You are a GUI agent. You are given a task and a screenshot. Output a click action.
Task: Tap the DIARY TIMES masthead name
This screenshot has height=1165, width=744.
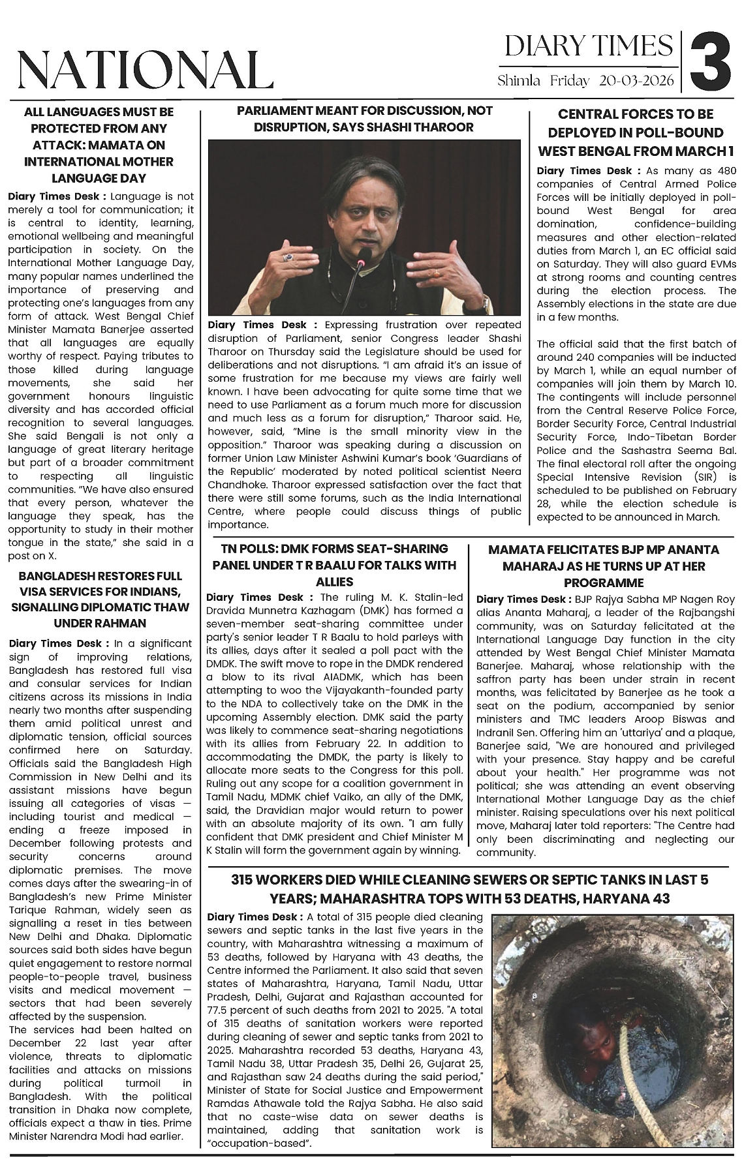[589, 46]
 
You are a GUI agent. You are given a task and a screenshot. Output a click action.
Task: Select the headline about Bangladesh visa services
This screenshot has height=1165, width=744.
[100, 599]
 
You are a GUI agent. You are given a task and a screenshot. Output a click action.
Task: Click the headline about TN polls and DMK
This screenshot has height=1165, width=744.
[334, 565]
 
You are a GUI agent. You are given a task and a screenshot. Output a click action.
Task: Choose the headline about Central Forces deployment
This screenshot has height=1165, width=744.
[635, 132]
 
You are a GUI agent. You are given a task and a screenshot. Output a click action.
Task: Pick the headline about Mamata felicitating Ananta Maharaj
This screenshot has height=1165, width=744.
[604, 566]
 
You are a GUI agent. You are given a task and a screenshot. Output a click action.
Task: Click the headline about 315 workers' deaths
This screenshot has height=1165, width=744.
[469, 888]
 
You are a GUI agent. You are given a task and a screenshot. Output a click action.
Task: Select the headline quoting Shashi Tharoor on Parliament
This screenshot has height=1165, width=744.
[364, 119]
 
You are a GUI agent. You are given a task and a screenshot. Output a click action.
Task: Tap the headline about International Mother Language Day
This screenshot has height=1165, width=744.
[99, 145]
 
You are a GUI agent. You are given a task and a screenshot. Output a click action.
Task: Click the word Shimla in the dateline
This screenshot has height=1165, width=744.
[519, 81]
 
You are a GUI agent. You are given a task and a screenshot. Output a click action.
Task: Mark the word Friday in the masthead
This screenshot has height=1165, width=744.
[569, 81]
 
